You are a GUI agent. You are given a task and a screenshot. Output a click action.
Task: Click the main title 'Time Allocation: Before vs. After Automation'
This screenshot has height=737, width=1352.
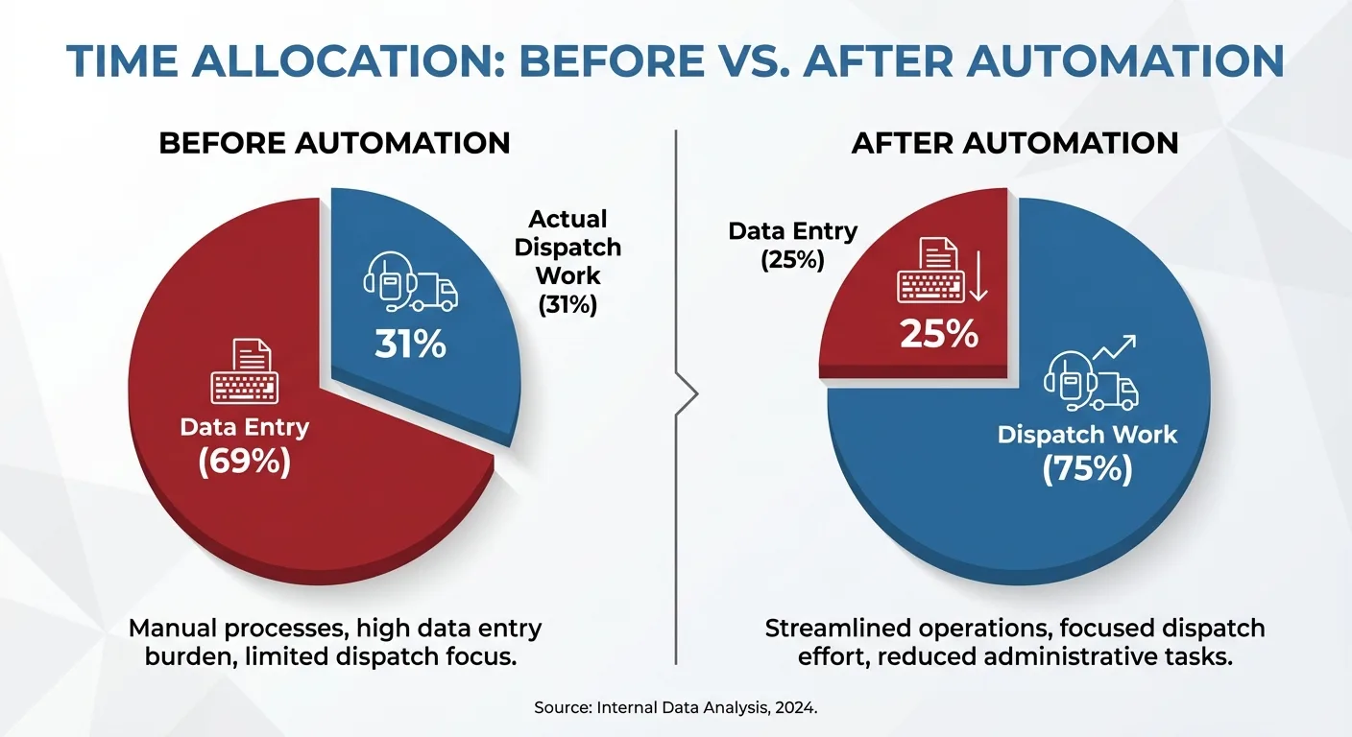click(675, 60)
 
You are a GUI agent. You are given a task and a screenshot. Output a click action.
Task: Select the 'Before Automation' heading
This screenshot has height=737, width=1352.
click(334, 143)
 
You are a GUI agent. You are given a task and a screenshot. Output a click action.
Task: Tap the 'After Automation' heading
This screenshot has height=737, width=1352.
click(1015, 143)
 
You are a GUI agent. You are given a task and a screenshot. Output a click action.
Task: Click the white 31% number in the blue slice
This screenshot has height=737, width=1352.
click(410, 344)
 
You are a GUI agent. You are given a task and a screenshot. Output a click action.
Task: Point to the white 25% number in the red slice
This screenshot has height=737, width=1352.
click(939, 334)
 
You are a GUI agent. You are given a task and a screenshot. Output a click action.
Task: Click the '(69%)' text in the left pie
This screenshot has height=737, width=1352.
click(245, 462)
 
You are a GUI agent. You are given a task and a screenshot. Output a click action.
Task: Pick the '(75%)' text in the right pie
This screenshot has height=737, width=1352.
click(1087, 468)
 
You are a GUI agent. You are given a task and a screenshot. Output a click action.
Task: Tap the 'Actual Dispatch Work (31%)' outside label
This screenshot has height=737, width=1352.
click(567, 262)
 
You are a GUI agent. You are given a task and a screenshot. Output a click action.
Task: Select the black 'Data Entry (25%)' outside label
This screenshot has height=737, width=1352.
click(792, 246)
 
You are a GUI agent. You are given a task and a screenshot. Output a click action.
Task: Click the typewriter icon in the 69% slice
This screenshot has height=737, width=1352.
click(245, 371)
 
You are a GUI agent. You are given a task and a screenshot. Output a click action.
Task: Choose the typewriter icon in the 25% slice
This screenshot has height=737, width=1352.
click(930, 270)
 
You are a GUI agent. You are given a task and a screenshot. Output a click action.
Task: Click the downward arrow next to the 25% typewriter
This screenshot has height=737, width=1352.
click(978, 276)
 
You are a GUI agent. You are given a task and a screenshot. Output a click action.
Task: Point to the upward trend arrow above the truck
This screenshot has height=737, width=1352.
click(1114, 347)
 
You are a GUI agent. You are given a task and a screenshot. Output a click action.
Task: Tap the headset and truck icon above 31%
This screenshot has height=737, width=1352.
click(410, 281)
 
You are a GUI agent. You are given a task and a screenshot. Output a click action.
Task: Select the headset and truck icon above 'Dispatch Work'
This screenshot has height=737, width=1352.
click(1091, 381)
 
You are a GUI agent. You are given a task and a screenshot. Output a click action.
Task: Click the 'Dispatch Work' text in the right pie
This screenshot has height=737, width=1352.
click(1087, 435)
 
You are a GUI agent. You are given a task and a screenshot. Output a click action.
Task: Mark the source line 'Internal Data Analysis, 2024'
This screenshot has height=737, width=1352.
click(707, 707)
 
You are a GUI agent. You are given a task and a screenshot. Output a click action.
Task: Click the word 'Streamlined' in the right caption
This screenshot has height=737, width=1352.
click(837, 629)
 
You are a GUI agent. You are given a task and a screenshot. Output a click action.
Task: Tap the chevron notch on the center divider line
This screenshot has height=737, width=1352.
click(688, 393)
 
